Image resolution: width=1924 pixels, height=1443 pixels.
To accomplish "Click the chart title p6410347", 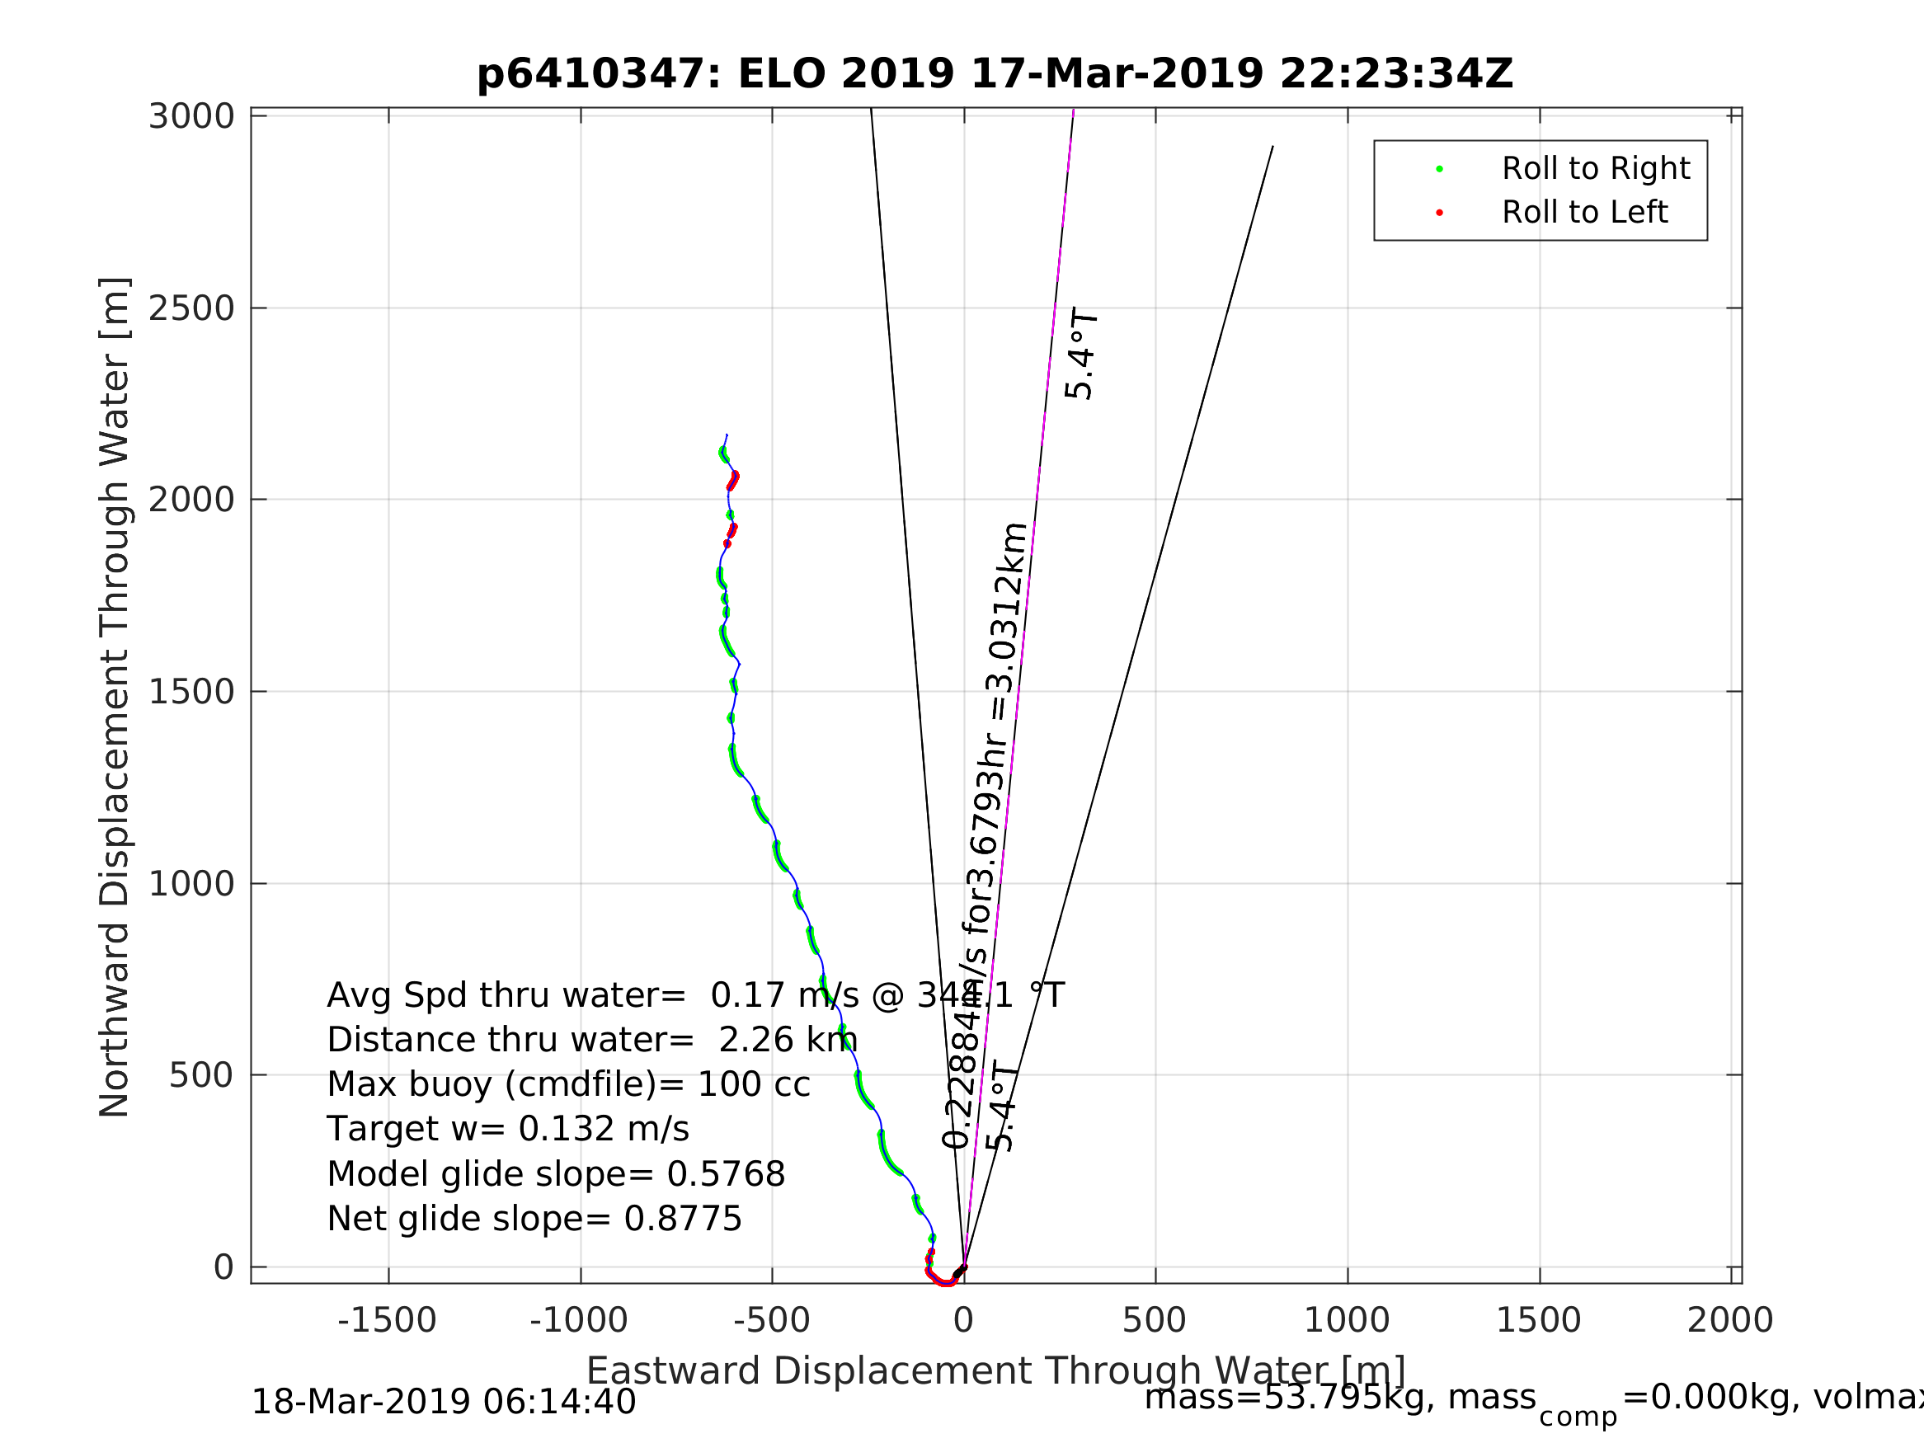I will pyautogui.click(x=995, y=74).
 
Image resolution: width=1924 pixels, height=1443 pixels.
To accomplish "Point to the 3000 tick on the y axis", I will pyautogui.click(x=191, y=116).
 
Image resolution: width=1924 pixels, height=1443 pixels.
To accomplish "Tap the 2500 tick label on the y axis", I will pyautogui.click(x=191, y=308).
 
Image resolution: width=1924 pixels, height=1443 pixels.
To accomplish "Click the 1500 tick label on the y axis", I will pyautogui.click(x=191, y=693).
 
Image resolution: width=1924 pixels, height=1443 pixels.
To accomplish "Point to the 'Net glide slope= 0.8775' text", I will pyautogui.click(x=534, y=1220).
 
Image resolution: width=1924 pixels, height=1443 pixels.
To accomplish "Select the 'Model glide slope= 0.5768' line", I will pyautogui.click(x=556, y=1175).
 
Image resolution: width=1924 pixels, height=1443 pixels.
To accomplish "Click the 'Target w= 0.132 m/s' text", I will pyautogui.click(x=508, y=1130).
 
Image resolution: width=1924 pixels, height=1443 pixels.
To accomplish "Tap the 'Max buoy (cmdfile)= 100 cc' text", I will pyautogui.click(x=569, y=1085).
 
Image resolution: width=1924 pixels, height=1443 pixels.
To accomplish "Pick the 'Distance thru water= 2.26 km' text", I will pyautogui.click(x=592, y=1041).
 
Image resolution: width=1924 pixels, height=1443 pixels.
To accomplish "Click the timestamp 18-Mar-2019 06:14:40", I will pyautogui.click(x=444, y=1403).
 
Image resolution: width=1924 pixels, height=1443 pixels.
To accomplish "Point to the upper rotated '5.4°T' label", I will pyautogui.click(x=1081, y=354).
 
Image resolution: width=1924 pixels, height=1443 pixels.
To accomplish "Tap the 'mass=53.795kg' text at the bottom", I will pyautogui.click(x=1339, y=1398).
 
